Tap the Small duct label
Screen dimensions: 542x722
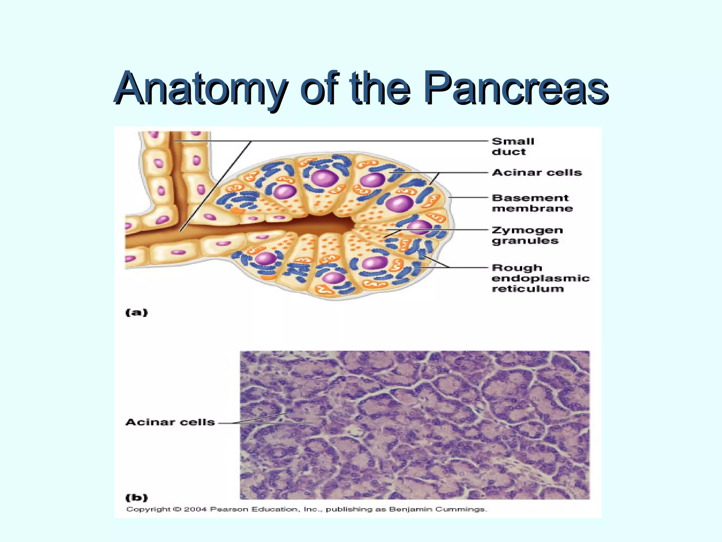513,146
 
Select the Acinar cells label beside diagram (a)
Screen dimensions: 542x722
537,173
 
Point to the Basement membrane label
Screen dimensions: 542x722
532,203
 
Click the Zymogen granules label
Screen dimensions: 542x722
527,235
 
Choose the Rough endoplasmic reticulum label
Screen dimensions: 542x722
540,278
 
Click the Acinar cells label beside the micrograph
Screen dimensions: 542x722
170,422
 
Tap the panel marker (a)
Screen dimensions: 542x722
137,313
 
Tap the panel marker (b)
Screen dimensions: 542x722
137,498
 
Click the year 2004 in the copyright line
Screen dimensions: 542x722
195,509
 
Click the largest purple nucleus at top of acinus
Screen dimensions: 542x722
325,178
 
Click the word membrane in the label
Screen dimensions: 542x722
532,209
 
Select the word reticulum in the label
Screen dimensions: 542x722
528,289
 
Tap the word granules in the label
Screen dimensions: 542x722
525,241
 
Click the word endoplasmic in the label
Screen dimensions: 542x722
540,278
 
